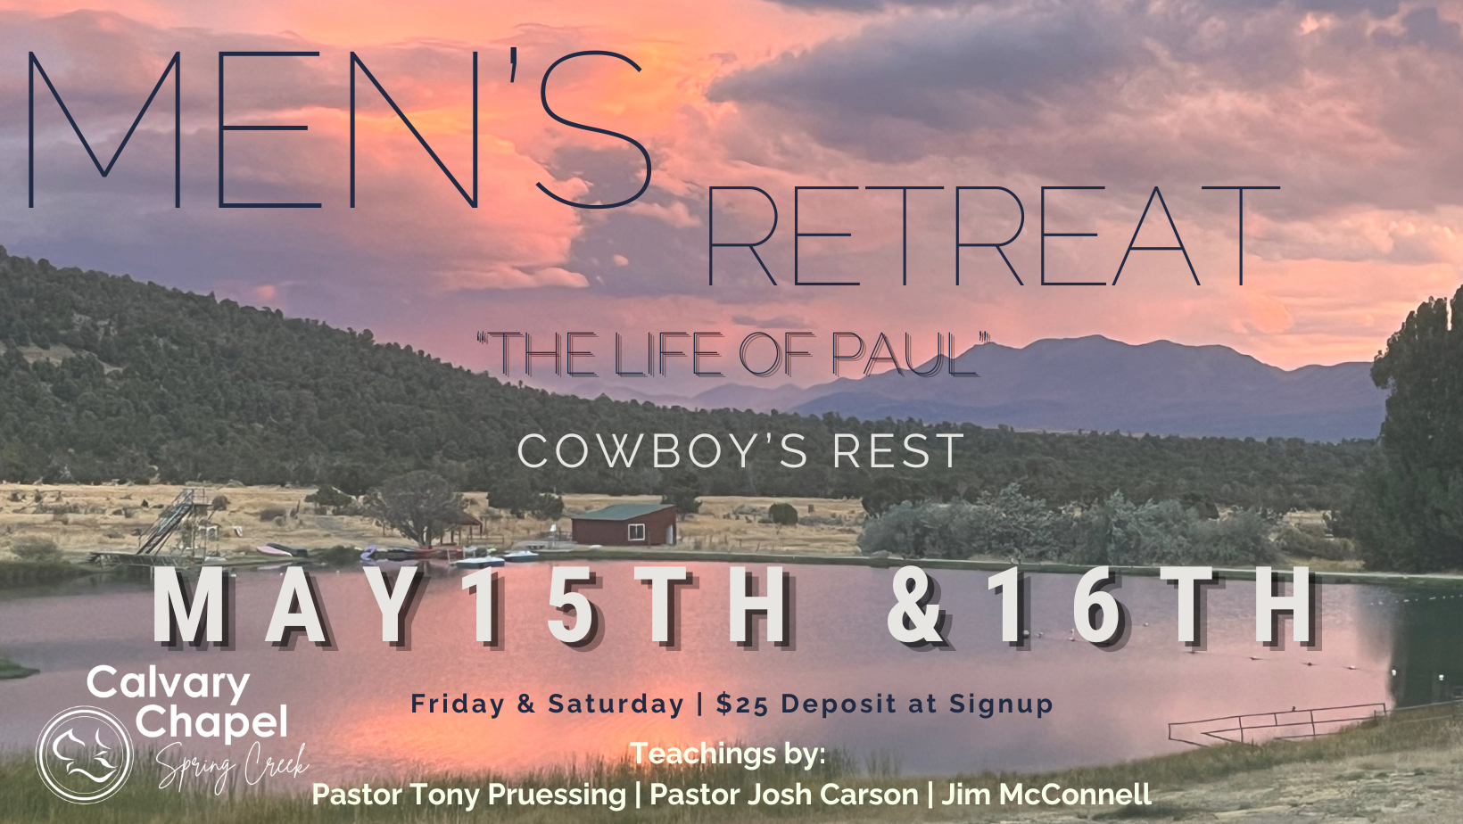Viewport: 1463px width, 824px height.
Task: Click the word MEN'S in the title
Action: (x=340, y=128)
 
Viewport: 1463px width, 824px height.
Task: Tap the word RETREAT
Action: (x=993, y=236)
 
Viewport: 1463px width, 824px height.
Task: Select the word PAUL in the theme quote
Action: (x=905, y=355)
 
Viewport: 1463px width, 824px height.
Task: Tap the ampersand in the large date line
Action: (x=915, y=607)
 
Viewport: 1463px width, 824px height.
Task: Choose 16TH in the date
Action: (x=1153, y=607)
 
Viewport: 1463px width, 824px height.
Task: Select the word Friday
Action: (x=457, y=705)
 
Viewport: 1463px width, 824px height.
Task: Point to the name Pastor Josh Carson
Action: (x=784, y=795)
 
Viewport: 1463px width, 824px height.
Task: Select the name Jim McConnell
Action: (x=1046, y=795)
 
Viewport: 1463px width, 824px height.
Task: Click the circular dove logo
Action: (x=85, y=754)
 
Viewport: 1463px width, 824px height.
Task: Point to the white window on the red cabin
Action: (x=635, y=532)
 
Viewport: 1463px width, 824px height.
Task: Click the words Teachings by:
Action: (x=728, y=754)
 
